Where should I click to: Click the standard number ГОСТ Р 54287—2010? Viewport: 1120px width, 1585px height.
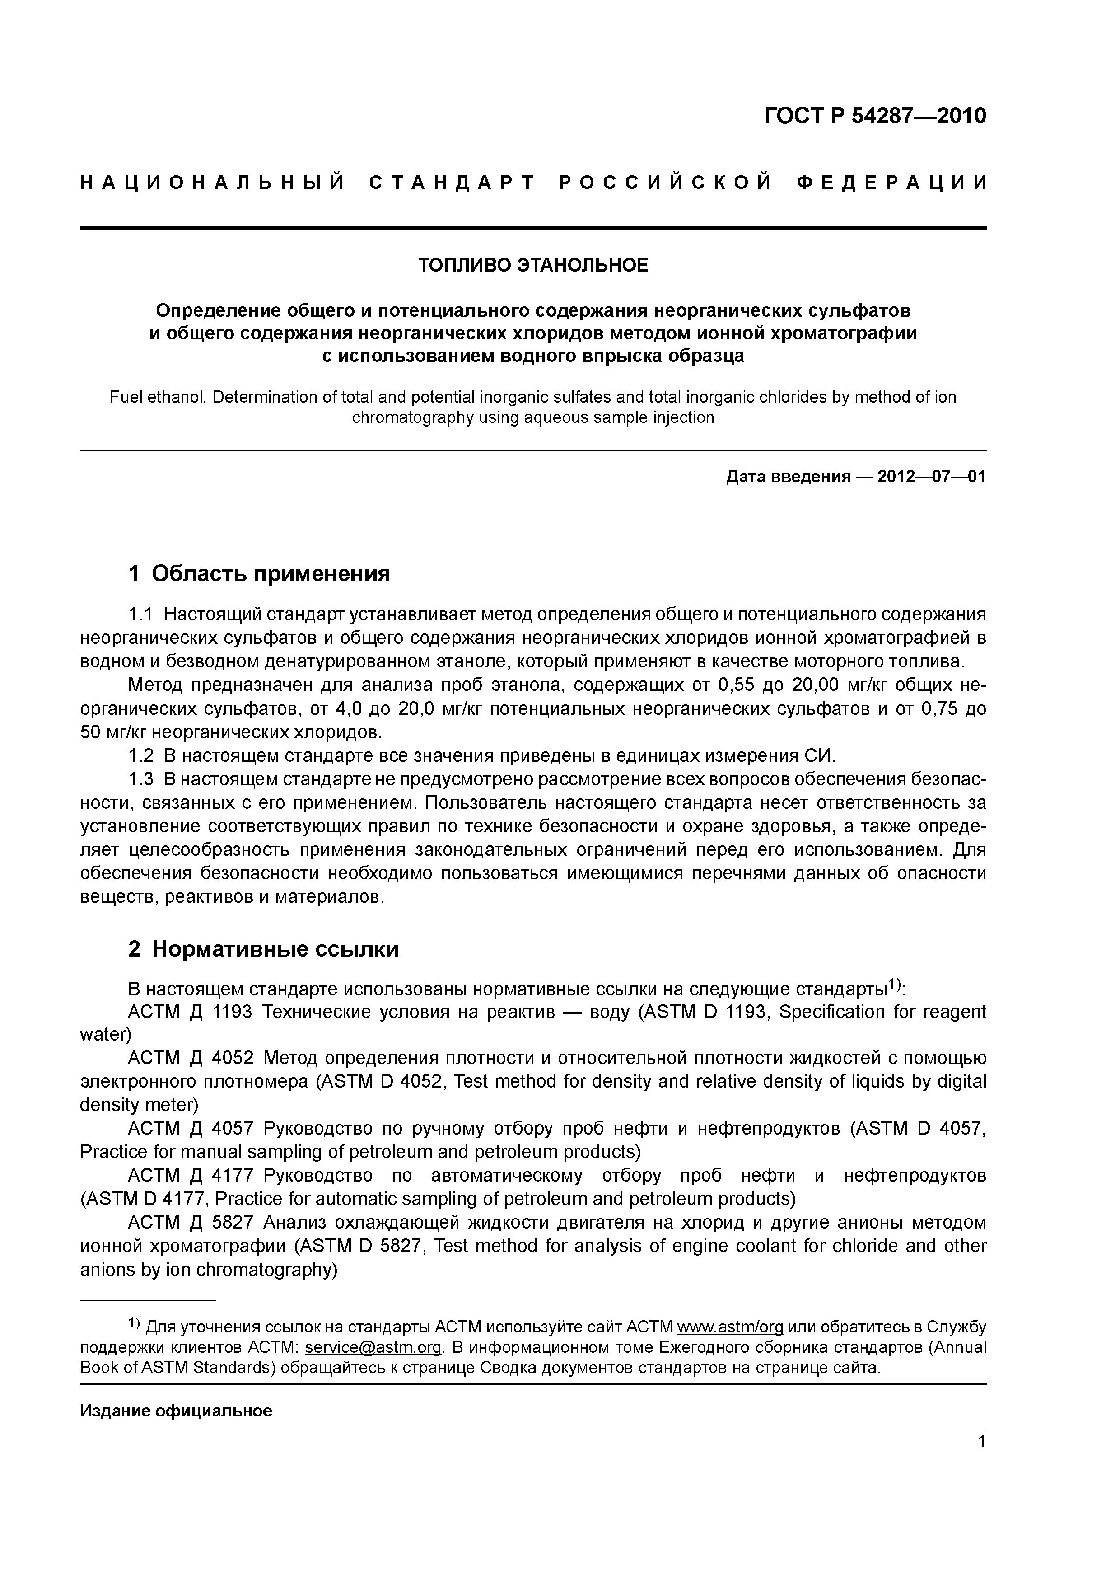[875, 115]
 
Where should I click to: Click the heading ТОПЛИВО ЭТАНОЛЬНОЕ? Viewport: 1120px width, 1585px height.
[533, 265]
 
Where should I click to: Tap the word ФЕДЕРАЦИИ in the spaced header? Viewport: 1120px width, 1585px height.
[891, 183]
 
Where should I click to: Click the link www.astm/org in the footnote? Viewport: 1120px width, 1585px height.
[730, 1327]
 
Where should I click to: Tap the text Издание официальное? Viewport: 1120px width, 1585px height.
[176, 1410]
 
